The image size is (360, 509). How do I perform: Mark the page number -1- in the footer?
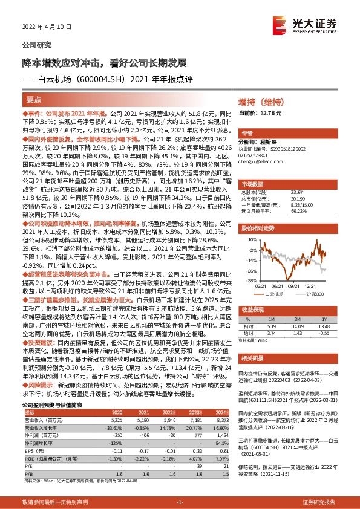pyautogui.click(x=179, y=502)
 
